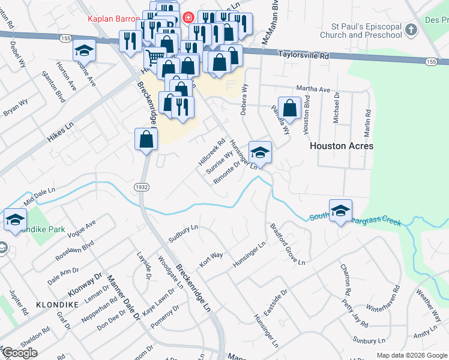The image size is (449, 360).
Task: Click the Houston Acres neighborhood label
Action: coord(341,146)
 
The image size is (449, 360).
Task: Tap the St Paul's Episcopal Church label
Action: coord(366,31)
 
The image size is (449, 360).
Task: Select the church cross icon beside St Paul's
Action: coord(411,29)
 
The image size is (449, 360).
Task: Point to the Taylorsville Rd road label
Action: coord(304,55)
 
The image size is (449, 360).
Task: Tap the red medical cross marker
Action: coord(188,17)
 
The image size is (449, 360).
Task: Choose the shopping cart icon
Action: coord(155,58)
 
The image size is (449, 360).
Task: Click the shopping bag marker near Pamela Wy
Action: coord(289,108)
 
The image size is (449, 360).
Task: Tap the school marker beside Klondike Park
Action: coord(15,219)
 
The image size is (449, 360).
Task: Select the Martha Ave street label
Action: coord(317,89)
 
